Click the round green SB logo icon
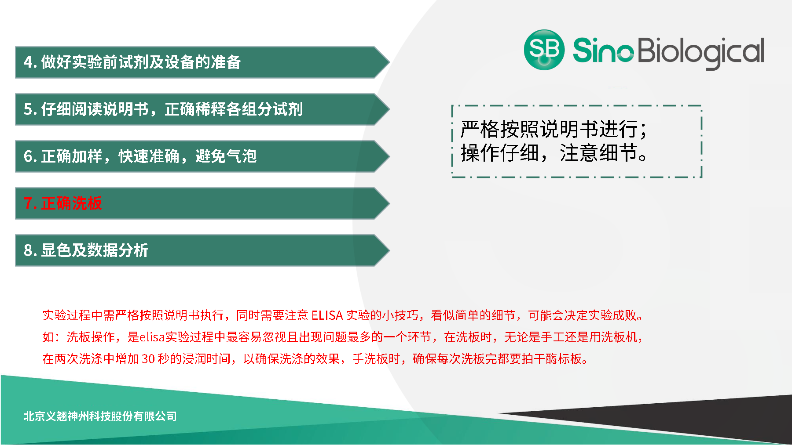(x=544, y=50)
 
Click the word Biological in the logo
(x=700, y=51)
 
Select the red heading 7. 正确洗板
(x=63, y=203)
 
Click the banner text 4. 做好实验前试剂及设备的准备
(x=132, y=62)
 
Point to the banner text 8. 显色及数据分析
(x=86, y=250)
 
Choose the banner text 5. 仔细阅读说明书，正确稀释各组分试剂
(x=163, y=109)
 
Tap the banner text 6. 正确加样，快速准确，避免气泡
(x=140, y=156)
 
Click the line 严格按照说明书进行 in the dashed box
(x=554, y=129)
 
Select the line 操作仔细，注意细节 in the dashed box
(x=554, y=153)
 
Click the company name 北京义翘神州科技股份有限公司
(x=100, y=416)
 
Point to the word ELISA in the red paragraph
(x=327, y=315)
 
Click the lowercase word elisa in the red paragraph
(x=152, y=337)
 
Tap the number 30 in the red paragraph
(x=148, y=359)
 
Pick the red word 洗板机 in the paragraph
(x=619, y=337)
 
